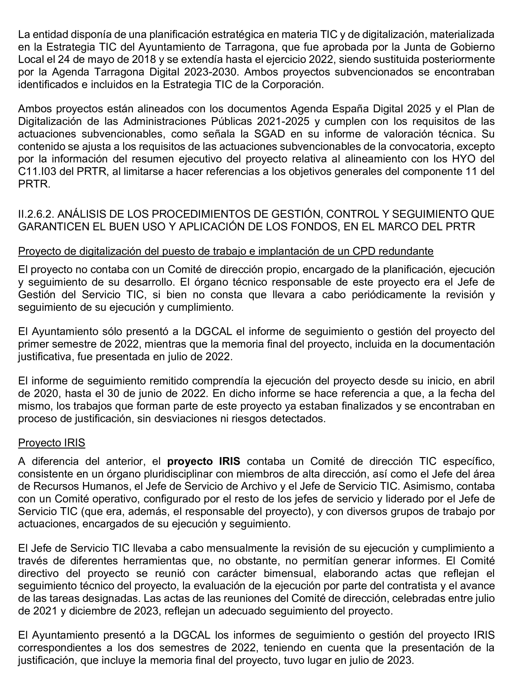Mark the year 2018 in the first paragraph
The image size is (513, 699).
144,59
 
